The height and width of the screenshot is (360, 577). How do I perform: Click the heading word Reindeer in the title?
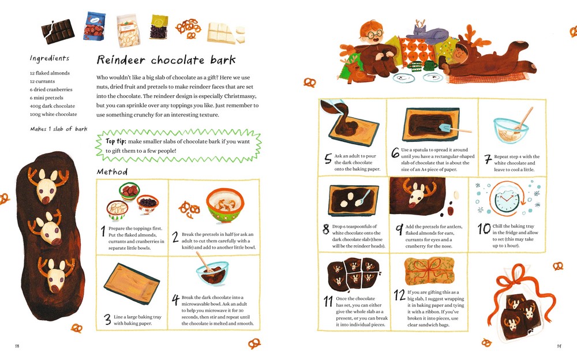[121, 60]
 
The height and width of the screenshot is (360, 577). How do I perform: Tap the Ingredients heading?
[49, 58]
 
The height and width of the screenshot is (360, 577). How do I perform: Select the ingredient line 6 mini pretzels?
[47, 98]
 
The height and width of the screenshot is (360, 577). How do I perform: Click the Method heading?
[113, 172]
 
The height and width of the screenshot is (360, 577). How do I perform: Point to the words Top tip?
[116, 141]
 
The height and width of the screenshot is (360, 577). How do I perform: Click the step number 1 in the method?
[103, 231]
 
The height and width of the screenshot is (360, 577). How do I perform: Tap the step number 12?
[399, 295]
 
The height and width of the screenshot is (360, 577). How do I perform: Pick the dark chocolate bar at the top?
[58, 32]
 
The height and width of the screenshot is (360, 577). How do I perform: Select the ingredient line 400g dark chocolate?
[53, 106]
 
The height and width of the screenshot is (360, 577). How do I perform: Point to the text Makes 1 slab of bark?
[58, 129]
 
